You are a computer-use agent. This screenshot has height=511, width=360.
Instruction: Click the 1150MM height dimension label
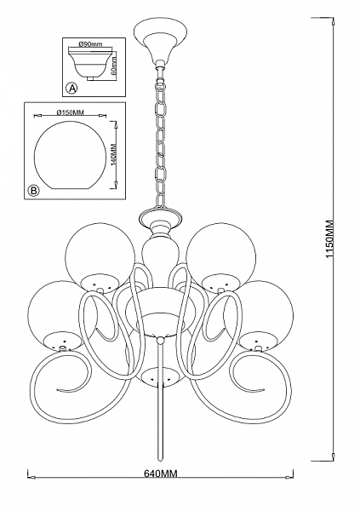pos(330,240)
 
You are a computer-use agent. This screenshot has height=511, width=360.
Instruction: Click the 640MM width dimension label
pos(161,474)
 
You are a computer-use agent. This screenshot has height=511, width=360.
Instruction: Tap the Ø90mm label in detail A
pos(90,44)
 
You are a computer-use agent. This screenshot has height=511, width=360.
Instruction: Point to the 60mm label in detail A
pos(114,66)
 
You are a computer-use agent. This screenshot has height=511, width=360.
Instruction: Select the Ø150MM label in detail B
pos(71,112)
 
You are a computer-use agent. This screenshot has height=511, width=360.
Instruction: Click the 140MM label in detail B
pos(114,155)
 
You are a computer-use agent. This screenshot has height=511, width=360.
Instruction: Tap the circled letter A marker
pos(72,88)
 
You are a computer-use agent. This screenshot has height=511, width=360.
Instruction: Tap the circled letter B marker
pos(33,190)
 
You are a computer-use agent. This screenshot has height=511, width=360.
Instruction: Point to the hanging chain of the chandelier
pos(161,141)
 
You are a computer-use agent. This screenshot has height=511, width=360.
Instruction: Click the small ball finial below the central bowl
pos(160,341)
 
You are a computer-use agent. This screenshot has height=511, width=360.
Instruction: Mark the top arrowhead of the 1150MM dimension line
pos(333,21)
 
